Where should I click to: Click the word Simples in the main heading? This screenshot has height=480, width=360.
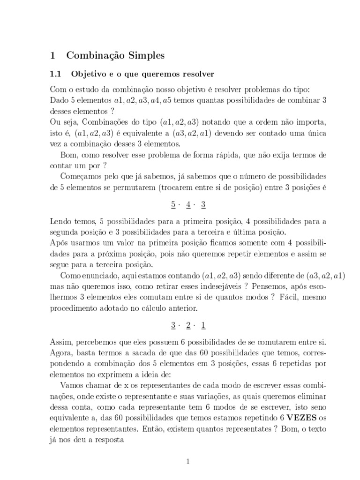point(144,55)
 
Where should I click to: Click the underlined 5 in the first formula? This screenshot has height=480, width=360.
point(172,205)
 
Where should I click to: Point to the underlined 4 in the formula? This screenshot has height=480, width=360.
point(188,205)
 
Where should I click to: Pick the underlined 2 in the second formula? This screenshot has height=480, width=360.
point(188,324)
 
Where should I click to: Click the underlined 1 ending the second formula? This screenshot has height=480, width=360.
point(203,324)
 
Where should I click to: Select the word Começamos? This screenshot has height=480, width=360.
point(81,176)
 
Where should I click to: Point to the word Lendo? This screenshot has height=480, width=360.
point(60,220)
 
